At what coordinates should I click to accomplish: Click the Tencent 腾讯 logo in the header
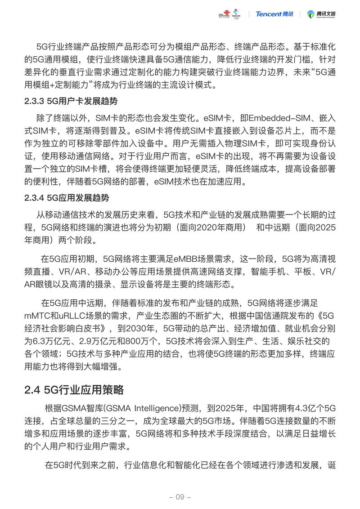pos(274,14)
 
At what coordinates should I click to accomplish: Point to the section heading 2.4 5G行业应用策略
pos(74,389)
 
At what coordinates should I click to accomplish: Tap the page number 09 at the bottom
pos(180,497)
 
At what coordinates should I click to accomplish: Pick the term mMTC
pos(38,315)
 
